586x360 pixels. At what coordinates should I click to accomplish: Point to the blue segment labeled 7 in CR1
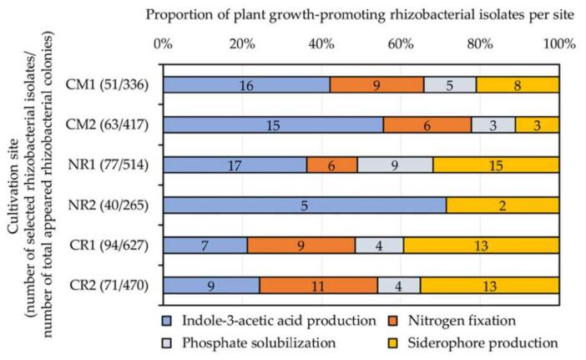pos(205,245)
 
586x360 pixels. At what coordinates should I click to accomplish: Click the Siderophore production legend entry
pos(488,342)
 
